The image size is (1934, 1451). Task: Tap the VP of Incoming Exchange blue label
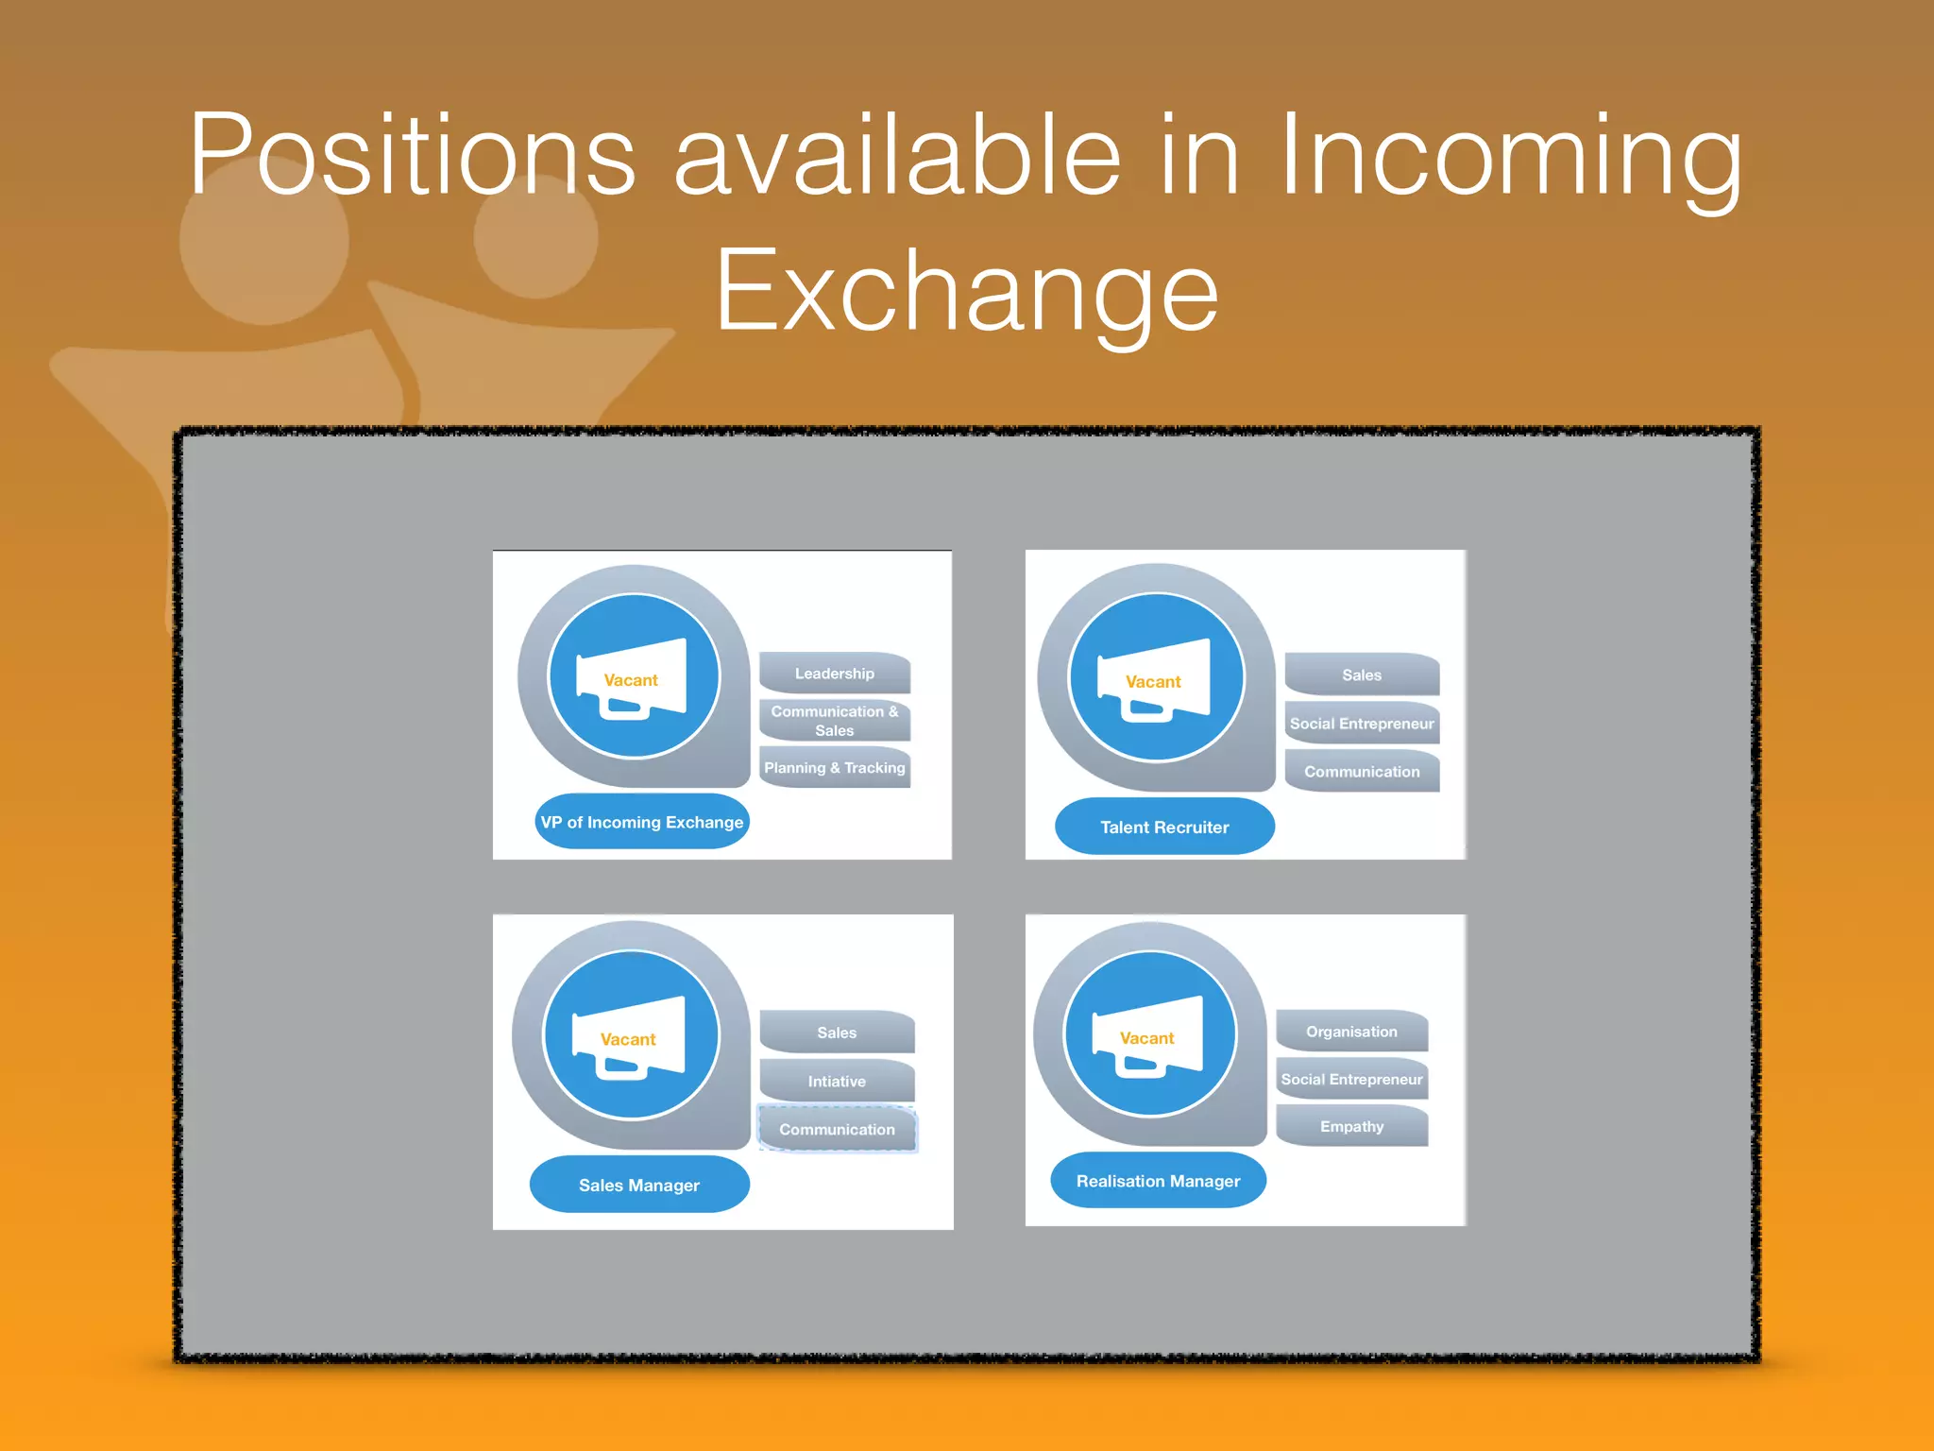tap(641, 822)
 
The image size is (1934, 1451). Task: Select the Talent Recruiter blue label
tap(1163, 827)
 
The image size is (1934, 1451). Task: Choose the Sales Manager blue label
tap(639, 1185)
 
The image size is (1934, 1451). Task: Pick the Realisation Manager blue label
tap(1158, 1181)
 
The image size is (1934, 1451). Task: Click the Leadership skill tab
tap(834, 674)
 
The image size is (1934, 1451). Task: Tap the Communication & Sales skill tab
tap(834, 721)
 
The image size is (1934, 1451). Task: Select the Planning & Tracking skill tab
tap(834, 768)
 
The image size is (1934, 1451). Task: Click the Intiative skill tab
tap(837, 1081)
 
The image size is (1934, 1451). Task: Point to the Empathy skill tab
tap(1351, 1126)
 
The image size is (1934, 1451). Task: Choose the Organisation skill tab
tap(1351, 1032)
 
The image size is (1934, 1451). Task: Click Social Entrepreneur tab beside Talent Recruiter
tap(1361, 724)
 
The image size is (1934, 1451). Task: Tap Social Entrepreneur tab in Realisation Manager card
tap(1351, 1079)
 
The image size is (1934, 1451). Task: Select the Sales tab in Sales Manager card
tap(837, 1033)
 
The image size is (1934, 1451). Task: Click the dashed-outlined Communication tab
tap(837, 1129)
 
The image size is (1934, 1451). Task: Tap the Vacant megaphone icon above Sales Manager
tap(631, 1035)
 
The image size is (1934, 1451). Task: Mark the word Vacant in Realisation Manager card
tap(1146, 1038)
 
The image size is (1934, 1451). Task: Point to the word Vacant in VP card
tap(631, 680)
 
